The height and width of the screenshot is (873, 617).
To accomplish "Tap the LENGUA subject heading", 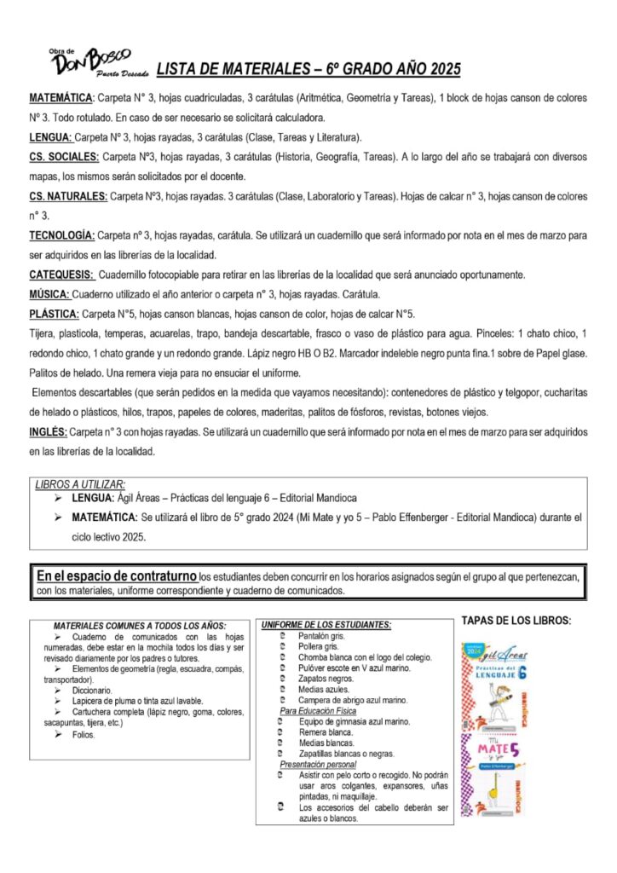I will click(49, 138).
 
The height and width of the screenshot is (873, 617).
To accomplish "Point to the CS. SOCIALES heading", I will click(64, 158).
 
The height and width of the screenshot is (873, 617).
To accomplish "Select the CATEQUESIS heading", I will click(61, 275).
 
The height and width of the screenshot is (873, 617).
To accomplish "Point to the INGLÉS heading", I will click(48, 433).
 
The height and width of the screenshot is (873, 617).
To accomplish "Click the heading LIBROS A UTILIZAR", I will click(80, 484).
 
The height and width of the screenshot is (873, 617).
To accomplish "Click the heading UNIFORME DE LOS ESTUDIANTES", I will click(326, 625).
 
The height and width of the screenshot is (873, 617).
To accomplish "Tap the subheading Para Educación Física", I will click(318, 711).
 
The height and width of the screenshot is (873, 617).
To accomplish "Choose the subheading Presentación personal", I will click(319, 765).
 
